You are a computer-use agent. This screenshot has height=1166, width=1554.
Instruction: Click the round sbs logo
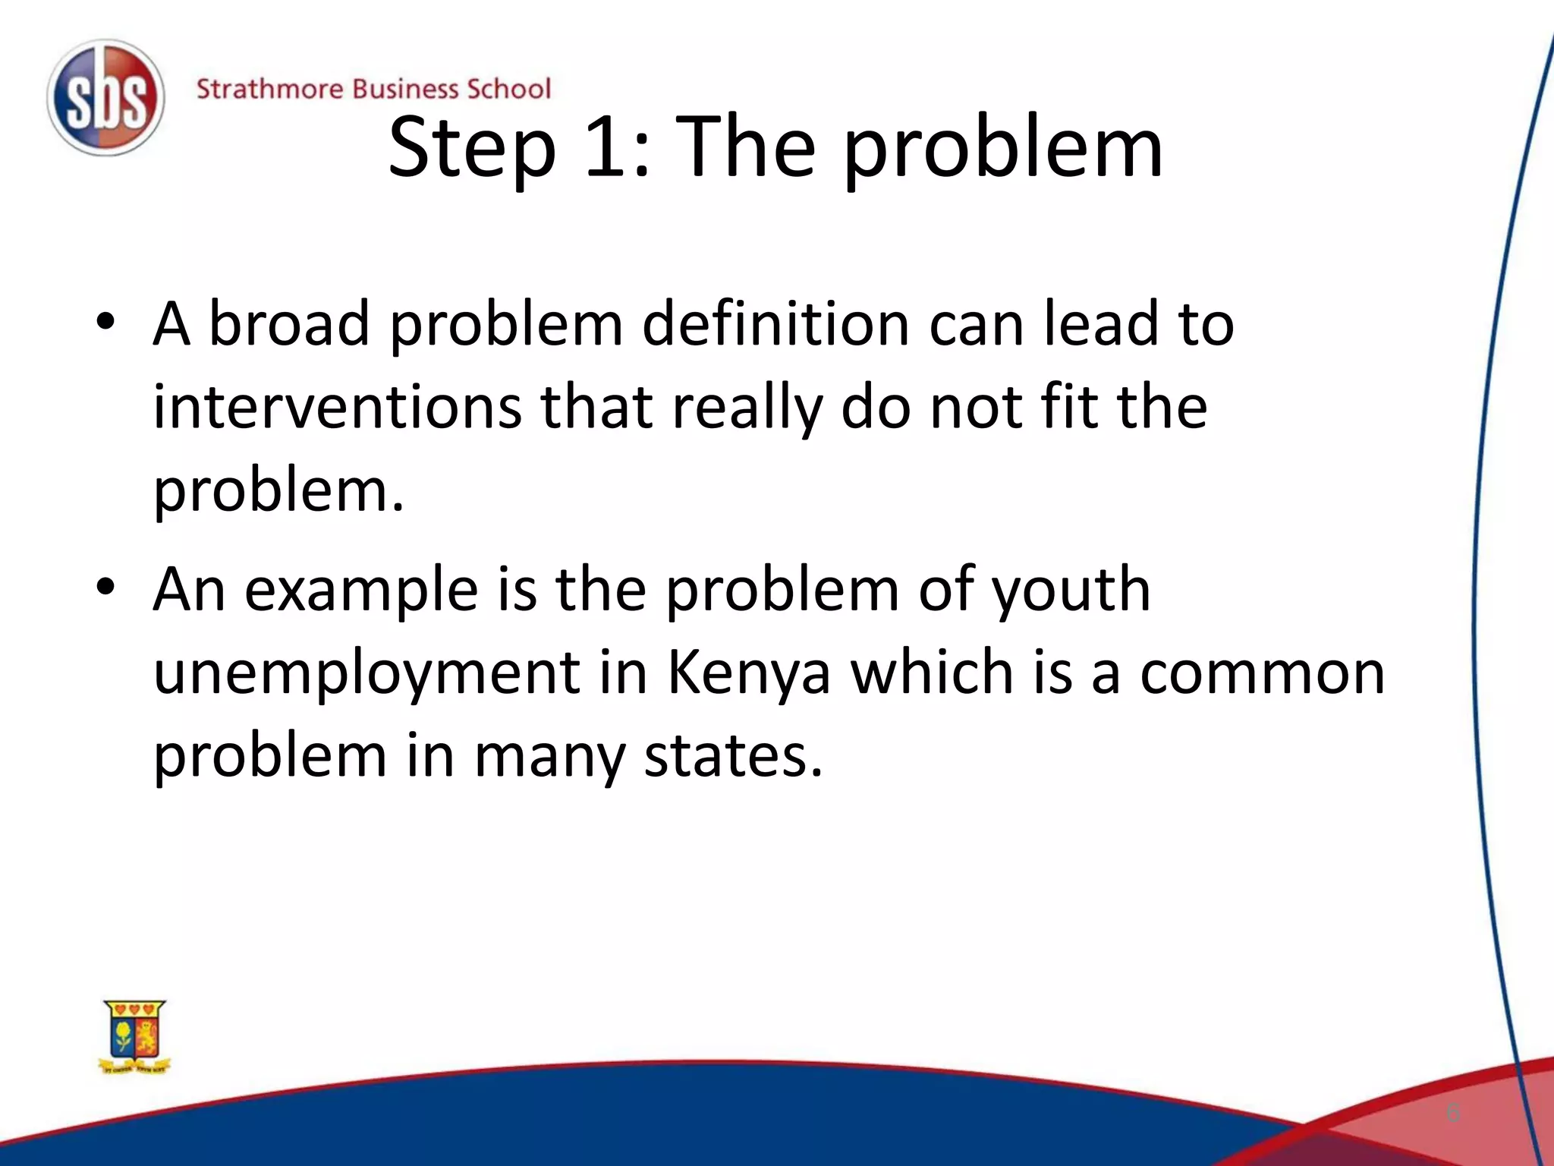pos(105,98)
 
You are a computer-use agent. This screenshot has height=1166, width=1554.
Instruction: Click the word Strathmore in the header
pos(269,90)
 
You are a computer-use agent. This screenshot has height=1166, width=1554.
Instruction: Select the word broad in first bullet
pos(288,323)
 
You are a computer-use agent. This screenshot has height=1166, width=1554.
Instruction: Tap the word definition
pos(775,323)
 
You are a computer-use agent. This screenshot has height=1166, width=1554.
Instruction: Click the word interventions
pos(337,407)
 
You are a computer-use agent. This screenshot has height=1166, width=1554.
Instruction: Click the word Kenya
pos(749,674)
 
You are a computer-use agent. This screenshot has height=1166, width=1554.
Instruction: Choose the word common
pos(1262,674)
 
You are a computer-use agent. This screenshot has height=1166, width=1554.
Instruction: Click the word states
pos(733,756)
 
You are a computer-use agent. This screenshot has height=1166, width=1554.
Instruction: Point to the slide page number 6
pos(1452,1113)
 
